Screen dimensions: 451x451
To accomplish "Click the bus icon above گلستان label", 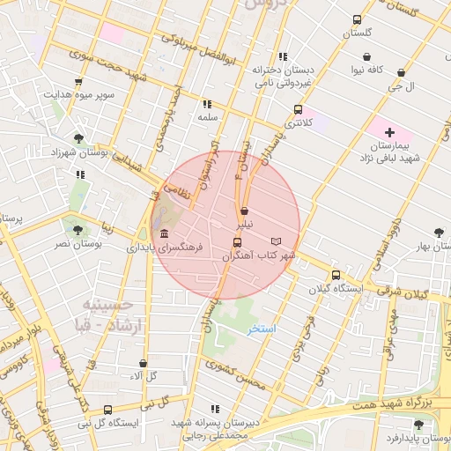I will click(x=357, y=19).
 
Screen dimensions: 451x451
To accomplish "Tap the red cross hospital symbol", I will click(x=390, y=132).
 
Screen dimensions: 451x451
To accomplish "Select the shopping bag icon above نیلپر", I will click(x=244, y=211).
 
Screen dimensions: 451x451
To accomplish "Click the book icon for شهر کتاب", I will click(x=276, y=241).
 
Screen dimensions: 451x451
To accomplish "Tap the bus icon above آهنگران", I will click(x=237, y=242).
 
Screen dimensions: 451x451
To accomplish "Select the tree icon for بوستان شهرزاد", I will click(x=79, y=138).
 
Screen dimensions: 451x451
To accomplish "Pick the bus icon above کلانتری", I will click(x=298, y=111).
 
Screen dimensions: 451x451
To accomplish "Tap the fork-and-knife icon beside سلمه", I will click(x=207, y=103).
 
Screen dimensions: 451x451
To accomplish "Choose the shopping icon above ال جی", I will click(x=401, y=73).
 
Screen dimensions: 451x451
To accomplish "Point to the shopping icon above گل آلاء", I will click(x=143, y=363).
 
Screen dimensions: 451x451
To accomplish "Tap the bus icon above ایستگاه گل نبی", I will click(x=107, y=410).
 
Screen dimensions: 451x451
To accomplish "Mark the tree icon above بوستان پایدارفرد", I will click(x=418, y=425).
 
